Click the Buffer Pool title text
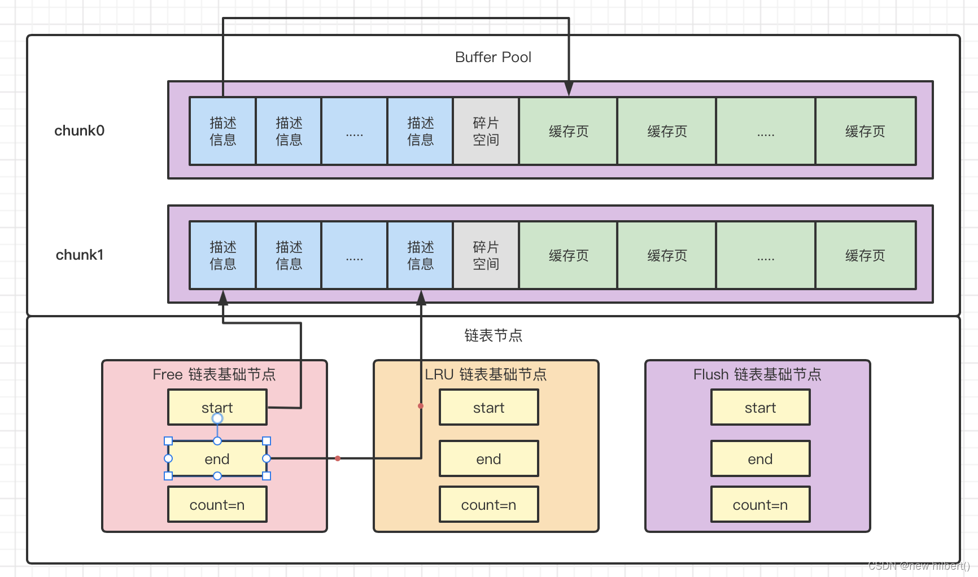pyautogui.click(x=493, y=57)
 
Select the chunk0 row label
pyautogui.click(x=79, y=130)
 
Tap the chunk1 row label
pyautogui.click(x=79, y=255)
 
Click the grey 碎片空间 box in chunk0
pyautogui.click(x=486, y=131)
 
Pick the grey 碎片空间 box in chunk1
pyautogui.click(x=486, y=255)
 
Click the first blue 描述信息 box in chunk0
pyautogui.click(x=222, y=131)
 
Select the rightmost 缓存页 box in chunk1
pyautogui.click(x=865, y=255)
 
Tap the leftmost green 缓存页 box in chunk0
pyautogui.click(x=568, y=131)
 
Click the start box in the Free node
pyautogui.click(x=217, y=407)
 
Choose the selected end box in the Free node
pyautogui.click(x=217, y=458)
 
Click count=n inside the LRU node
pyautogui.click(x=488, y=505)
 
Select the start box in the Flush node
pyautogui.click(x=760, y=407)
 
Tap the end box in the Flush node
pyautogui.click(x=760, y=458)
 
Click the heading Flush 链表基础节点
pyautogui.click(x=757, y=374)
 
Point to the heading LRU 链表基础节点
pyautogui.click(x=486, y=374)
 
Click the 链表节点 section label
pyautogui.click(x=493, y=335)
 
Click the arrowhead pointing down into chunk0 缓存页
pyautogui.click(x=569, y=89)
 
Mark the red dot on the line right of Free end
pyautogui.click(x=338, y=458)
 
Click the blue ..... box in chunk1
pyautogui.click(x=354, y=255)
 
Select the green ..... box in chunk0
pyautogui.click(x=765, y=131)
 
